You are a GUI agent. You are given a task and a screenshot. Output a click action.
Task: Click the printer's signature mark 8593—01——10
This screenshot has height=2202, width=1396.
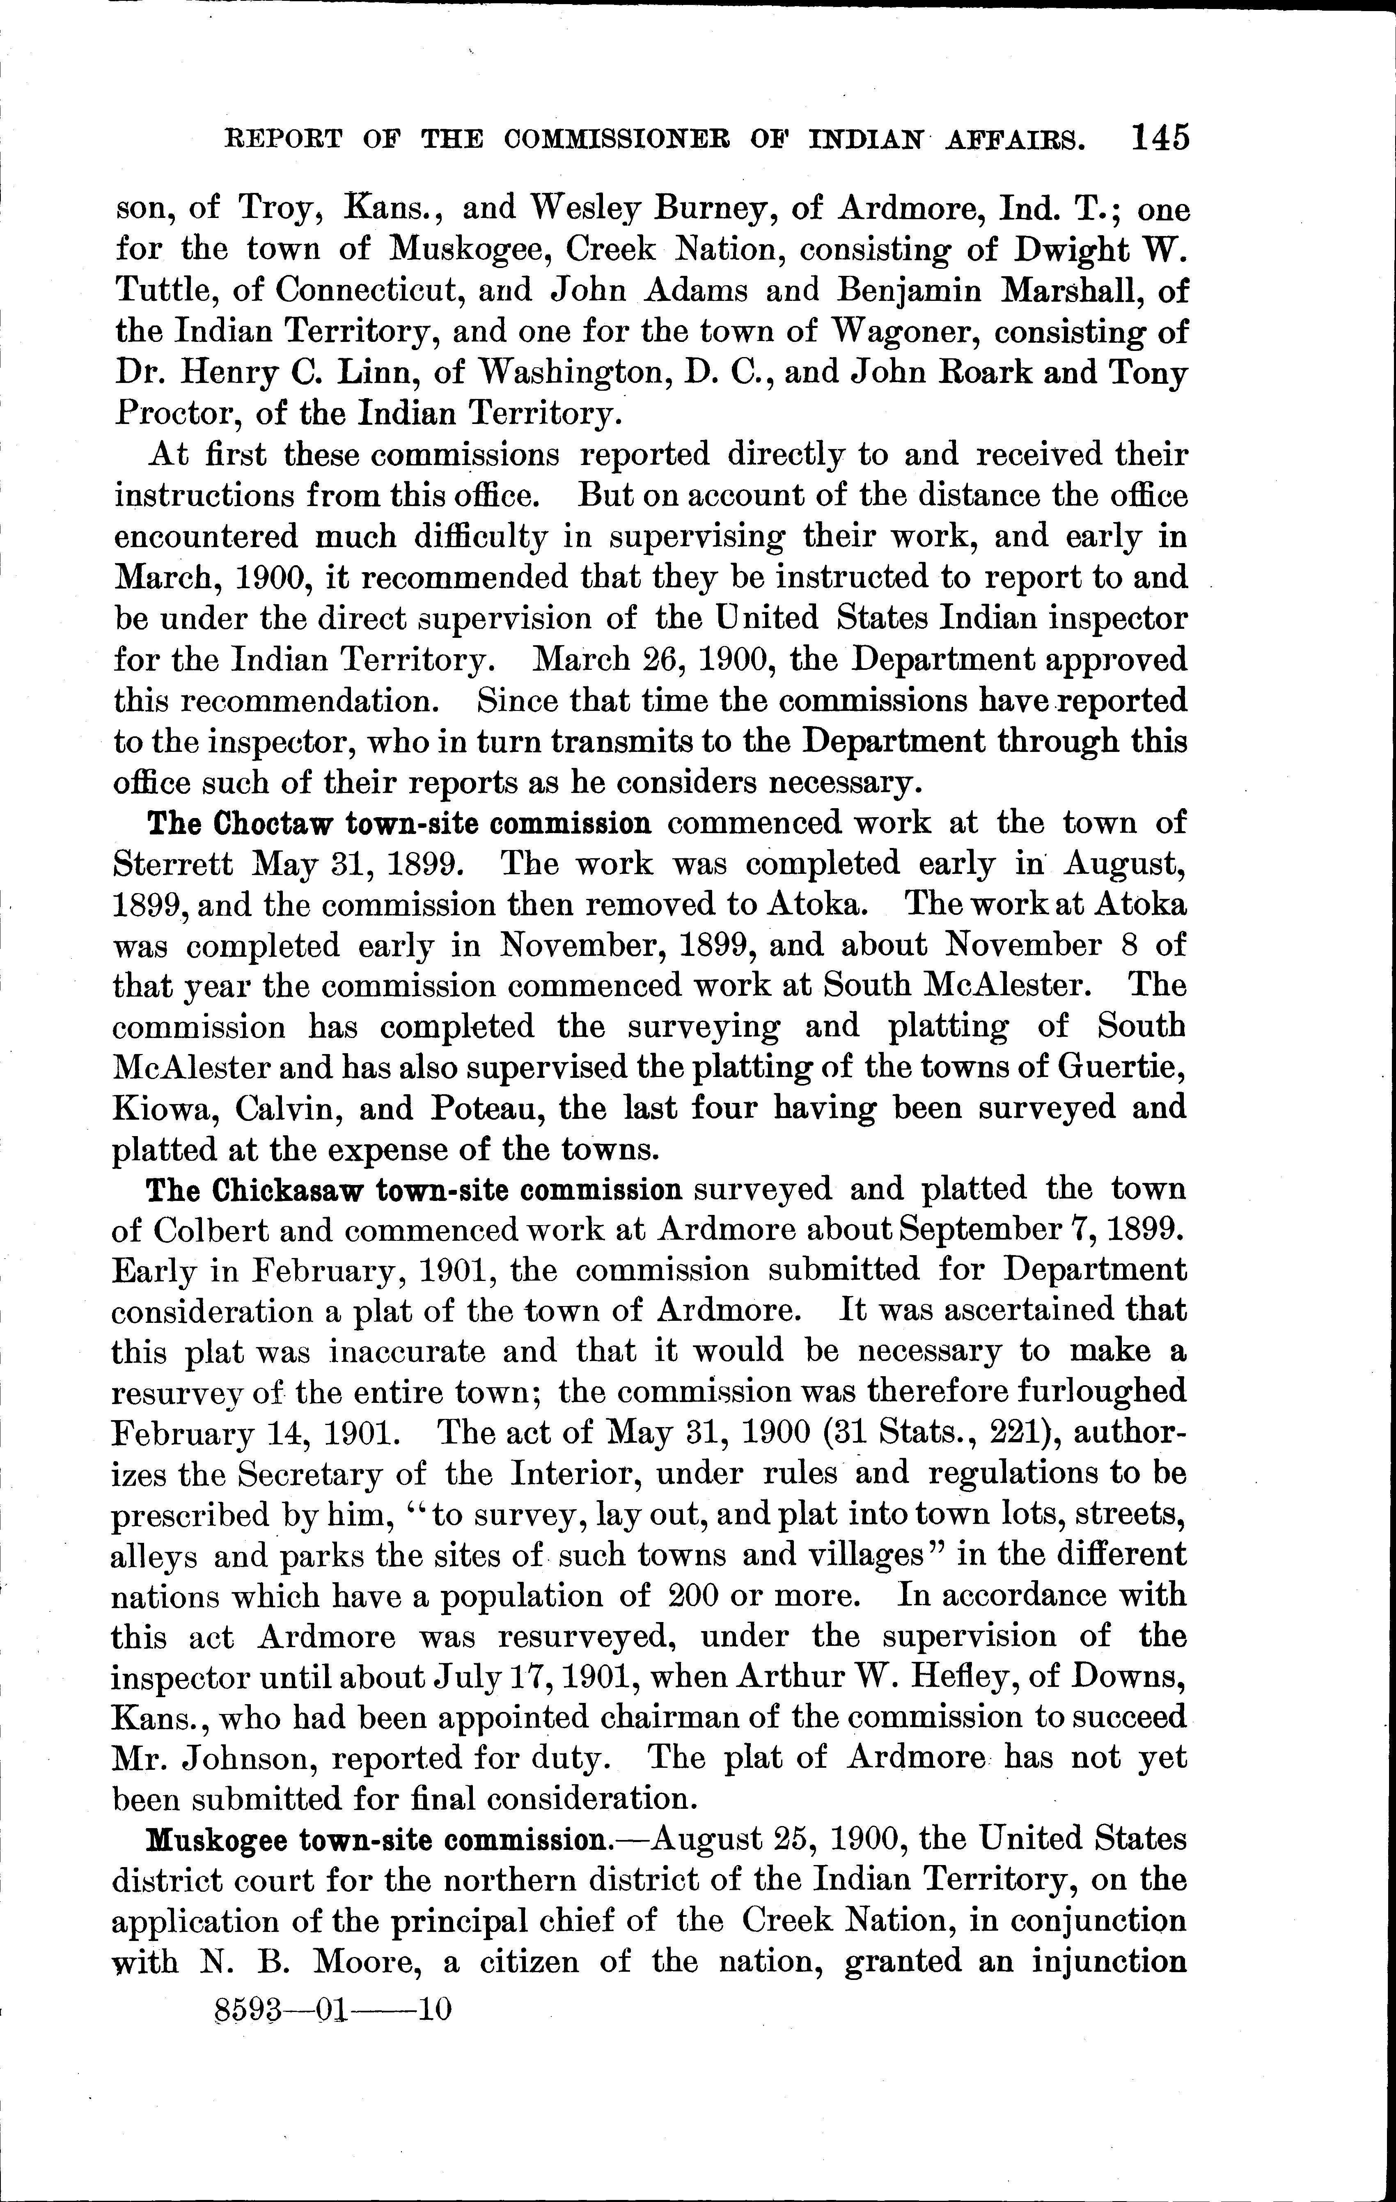332,2011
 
